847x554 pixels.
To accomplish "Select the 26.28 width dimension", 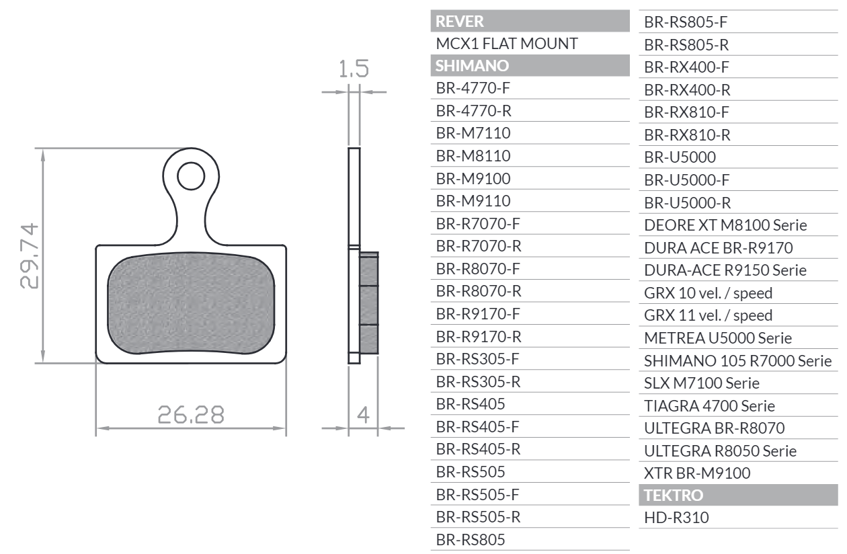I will pyautogui.click(x=191, y=415).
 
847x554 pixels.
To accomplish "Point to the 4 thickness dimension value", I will pyautogui.click(x=363, y=415).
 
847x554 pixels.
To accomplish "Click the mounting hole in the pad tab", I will pyautogui.click(x=191, y=176).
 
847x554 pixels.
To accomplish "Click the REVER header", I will pyautogui.click(x=460, y=21).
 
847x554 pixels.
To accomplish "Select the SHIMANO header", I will pyautogui.click(x=472, y=66).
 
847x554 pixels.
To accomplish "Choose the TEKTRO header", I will pyautogui.click(x=674, y=496).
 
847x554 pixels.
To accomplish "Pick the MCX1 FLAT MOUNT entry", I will pyautogui.click(x=507, y=44).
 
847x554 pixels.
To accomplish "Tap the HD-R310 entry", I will pyautogui.click(x=676, y=518).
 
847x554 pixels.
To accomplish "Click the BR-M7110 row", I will pyautogui.click(x=473, y=133).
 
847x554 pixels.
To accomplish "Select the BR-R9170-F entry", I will pyautogui.click(x=479, y=313).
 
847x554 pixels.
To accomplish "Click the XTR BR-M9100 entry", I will pyautogui.click(x=697, y=473).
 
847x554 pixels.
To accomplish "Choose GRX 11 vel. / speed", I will pyautogui.click(x=709, y=315).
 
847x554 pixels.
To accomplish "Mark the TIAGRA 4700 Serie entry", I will pyautogui.click(x=709, y=405).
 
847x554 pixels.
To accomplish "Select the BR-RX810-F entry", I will pyautogui.click(x=687, y=112).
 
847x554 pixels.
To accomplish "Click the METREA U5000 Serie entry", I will pyautogui.click(x=718, y=338).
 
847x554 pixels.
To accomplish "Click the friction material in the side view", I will pyautogui.click(x=369, y=303).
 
